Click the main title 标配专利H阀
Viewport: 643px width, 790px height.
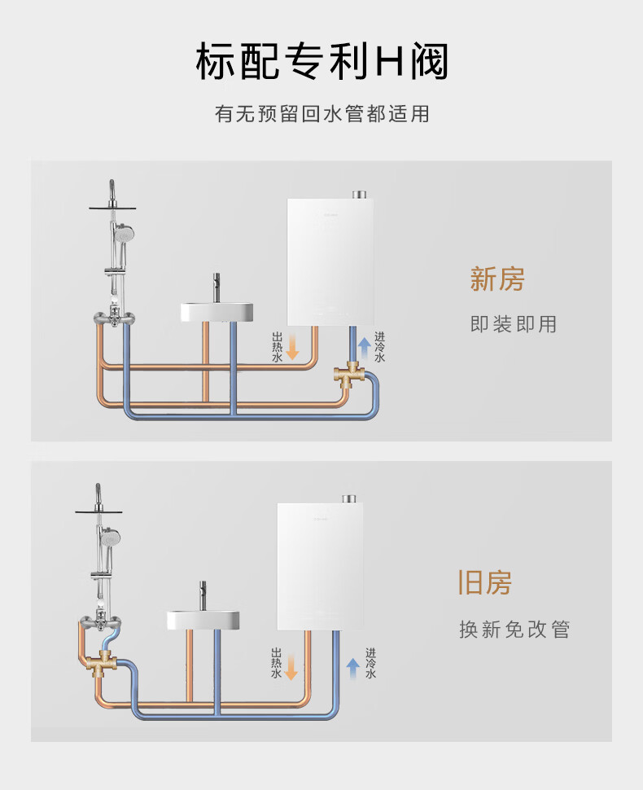(321, 63)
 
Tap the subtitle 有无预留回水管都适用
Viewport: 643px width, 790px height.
(321, 114)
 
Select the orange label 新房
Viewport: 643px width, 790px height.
(497, 279)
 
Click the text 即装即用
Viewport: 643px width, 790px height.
(514, 324)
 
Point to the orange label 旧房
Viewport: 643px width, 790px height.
(484, 583)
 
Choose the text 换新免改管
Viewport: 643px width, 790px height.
(514, 630)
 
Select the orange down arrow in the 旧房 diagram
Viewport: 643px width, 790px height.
(291, 668)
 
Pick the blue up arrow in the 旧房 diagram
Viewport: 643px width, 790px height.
(353, 668)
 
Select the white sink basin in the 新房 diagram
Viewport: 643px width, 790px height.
(216, 312)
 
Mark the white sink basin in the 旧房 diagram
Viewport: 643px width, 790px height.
(203, 619)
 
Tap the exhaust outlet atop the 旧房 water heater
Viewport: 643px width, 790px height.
(349, 498)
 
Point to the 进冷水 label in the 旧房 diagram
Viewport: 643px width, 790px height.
(371, 663)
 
